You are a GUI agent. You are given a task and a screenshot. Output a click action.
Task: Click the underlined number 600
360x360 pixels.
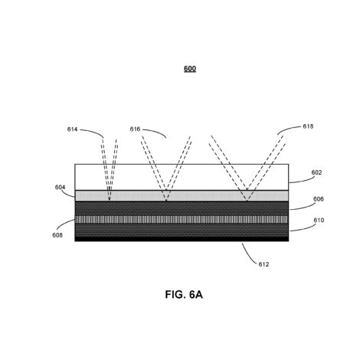(190, 69)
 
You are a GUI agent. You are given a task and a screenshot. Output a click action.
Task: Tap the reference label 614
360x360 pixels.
(72, 129)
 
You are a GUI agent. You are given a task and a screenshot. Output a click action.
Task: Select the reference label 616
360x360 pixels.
(135, 129)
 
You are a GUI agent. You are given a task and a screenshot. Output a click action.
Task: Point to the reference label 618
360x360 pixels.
(308, 126)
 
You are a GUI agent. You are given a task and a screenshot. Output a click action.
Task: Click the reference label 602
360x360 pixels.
(316, 172)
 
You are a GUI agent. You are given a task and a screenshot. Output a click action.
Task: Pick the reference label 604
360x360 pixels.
(61, 187)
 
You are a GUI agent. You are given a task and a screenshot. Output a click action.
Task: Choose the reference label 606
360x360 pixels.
(319, 199)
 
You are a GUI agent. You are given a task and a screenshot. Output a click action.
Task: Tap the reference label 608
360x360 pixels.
(57, 235)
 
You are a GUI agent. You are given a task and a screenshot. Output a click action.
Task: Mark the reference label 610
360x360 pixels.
(319, 220)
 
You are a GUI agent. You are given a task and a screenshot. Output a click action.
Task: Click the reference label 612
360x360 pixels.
(263, 264)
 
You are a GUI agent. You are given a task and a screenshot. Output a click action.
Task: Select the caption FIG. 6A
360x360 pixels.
(184, 294)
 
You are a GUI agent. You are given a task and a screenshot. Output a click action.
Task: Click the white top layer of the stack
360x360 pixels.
(182, 177)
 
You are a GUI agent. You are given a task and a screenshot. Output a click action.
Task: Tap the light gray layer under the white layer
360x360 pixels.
(182, 196)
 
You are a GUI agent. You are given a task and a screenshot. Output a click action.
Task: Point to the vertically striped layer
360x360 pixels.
(182, 220)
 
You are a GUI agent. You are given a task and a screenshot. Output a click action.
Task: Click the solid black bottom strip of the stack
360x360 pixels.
(182, 239)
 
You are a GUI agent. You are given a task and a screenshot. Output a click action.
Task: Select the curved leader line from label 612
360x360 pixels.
(248, 254)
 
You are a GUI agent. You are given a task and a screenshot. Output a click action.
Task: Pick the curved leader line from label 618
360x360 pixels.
(289, 129)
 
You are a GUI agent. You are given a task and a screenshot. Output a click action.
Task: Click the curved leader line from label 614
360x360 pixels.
(93, 132)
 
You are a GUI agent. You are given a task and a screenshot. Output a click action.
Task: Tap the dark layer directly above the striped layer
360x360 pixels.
(182, 208)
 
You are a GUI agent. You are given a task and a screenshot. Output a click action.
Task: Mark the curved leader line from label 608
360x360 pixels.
(65, 224)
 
